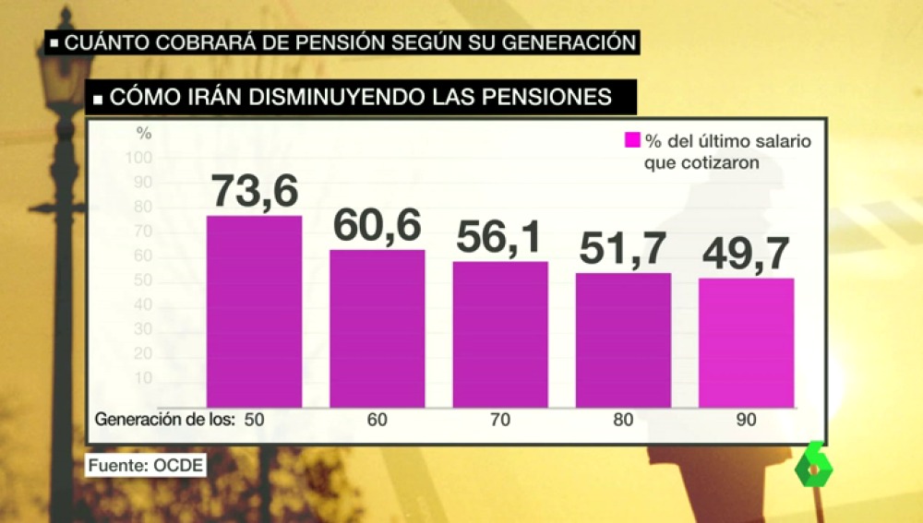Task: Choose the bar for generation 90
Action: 746,342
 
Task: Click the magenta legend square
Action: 632,140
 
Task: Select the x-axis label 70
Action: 499,420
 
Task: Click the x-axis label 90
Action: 746,420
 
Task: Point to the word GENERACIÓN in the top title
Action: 563,42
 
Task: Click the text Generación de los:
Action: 163,420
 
